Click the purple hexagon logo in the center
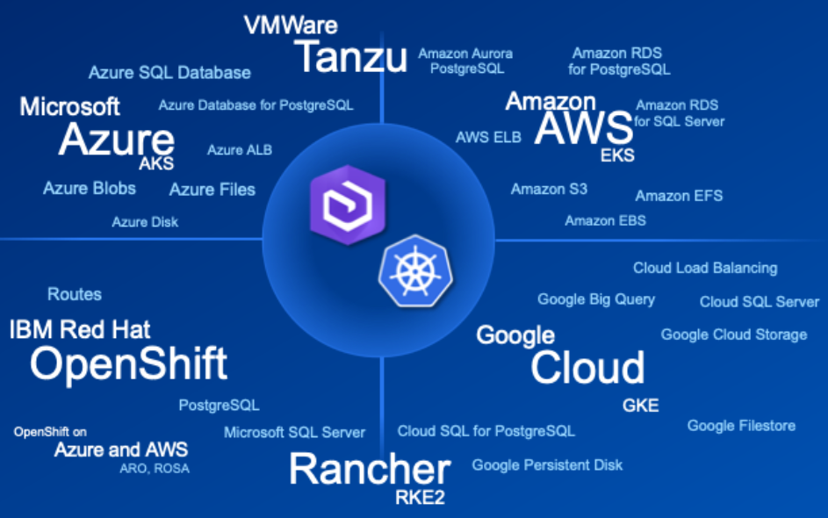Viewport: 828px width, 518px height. pos(337,203)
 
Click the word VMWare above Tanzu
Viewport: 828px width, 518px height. pos(290,25)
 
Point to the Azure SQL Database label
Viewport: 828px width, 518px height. pos(169,73)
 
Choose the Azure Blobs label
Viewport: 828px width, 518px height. pos(90,188)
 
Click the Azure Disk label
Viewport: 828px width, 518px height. pos(145,222)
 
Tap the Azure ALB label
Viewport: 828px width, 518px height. pos(239,150)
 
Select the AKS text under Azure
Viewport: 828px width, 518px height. pos(156,163)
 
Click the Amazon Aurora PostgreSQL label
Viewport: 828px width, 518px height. pos(465,61)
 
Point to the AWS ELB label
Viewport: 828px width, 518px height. pos(488,138)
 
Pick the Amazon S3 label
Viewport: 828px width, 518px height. pos(549,189)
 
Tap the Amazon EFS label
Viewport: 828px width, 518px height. pos(679,196)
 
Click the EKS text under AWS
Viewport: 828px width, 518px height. pos(617,156)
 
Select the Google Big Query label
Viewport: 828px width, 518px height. pos(596,299)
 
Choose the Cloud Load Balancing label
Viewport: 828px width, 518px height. pos(705,268)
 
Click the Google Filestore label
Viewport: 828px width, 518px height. pos(741,426)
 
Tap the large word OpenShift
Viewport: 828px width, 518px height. pos(128,363)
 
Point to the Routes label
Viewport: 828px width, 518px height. pos(75,294)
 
